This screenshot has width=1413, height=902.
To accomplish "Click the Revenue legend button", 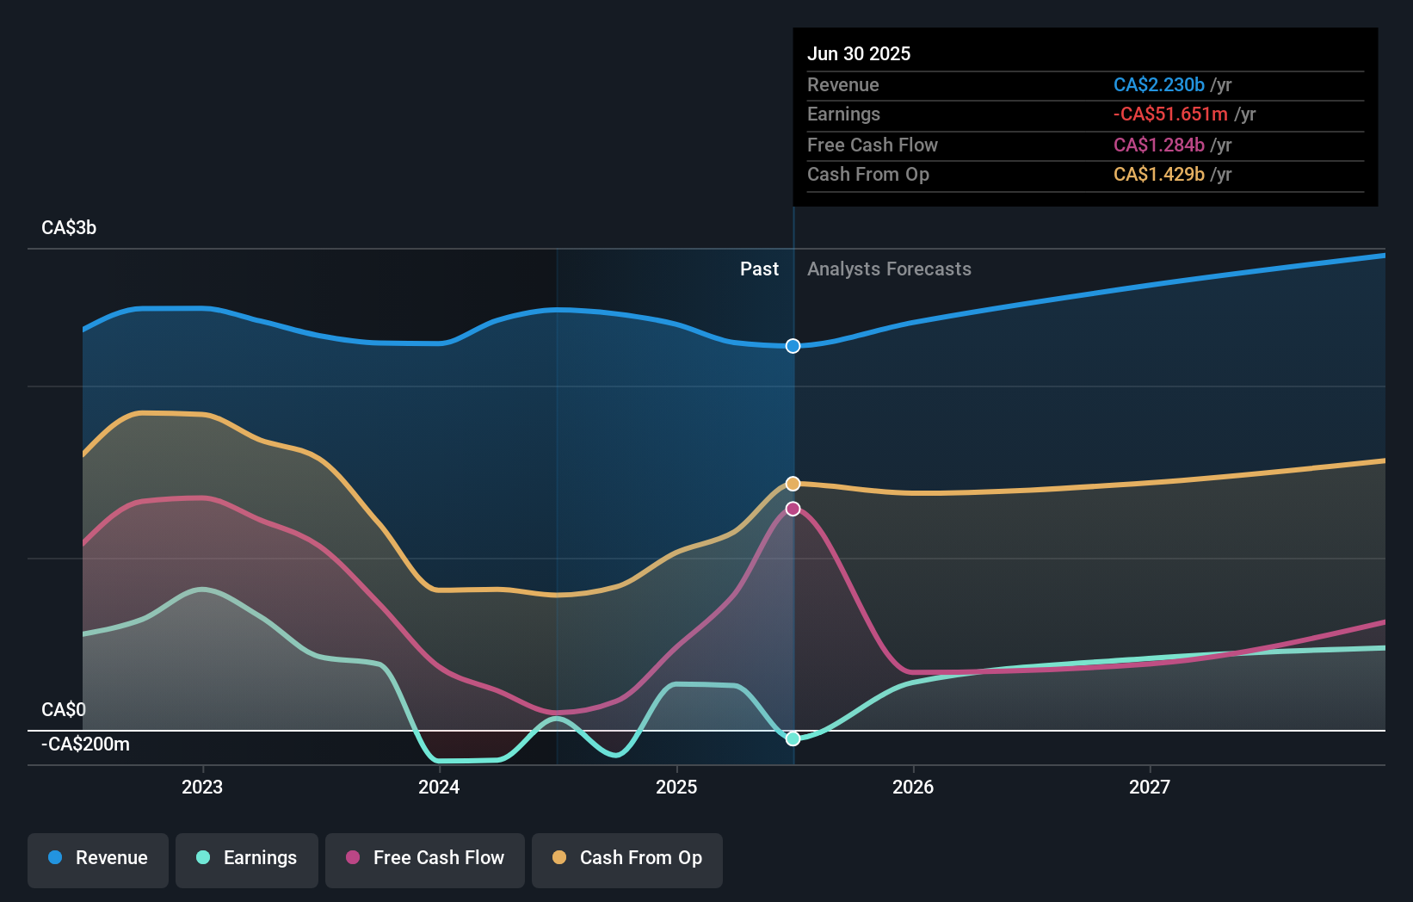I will (x=98, y=858).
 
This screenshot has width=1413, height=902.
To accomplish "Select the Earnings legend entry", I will (x=247, y=858).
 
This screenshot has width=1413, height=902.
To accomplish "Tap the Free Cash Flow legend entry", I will (x=425, y=858).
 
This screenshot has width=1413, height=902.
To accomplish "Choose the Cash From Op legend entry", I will (x=627, y=858).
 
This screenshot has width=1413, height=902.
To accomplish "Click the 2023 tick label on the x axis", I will (x=202, y=787).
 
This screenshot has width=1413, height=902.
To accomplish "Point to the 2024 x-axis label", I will (x=439, y=787).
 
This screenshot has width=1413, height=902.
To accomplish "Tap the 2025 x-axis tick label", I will (x=676, y=787).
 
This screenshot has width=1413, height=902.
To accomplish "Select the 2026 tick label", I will (x=913, y=787).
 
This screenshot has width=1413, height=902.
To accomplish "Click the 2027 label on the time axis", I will (x=1150, y=787).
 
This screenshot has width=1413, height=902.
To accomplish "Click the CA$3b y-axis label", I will (x=69, y=228).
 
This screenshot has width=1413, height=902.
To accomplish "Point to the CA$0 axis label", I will (x=64, y=710).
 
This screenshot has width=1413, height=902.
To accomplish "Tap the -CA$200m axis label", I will (x=85, y=744).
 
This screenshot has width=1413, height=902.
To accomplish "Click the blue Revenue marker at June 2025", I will (x=793, y=346).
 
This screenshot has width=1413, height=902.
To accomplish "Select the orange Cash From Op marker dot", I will (x=793, y=484).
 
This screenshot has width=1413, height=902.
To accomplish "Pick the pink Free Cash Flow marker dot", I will (x=793, y=509).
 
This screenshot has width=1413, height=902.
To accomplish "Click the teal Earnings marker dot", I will (x=793, y=738).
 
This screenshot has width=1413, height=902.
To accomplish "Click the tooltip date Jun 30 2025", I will (x=858, y=53).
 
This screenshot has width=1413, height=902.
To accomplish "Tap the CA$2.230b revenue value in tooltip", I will (x=1158, y=84).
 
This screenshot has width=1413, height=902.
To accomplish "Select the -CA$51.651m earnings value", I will (x=1170, y=114).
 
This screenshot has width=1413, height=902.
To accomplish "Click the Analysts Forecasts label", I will (x=889, y=269).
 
